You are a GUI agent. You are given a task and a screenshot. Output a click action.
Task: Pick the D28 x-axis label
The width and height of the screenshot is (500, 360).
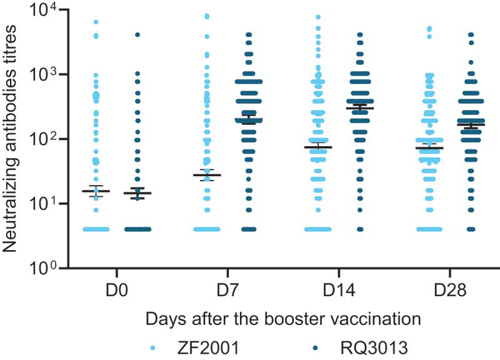click(449, 293)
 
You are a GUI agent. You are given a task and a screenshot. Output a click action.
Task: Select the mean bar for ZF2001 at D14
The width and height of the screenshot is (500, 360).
click(317, 147)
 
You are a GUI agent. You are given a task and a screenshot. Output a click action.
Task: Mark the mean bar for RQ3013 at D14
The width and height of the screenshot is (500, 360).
click(359, 108)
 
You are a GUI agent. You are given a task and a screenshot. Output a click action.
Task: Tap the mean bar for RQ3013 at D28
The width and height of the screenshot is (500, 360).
click(471, 125)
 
